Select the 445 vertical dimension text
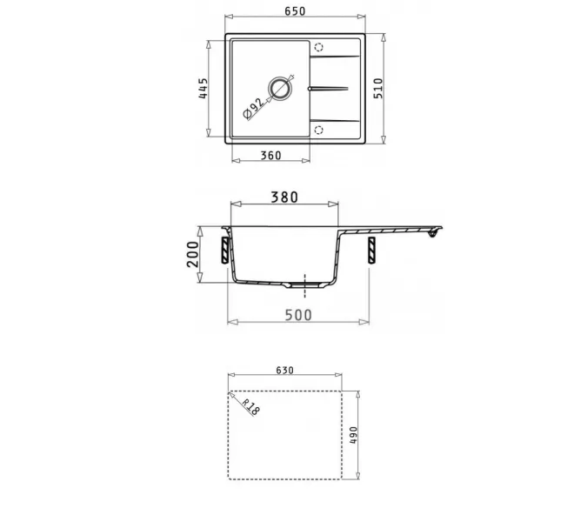pos(203,90)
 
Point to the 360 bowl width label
pos(270,156)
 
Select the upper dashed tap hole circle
pos(318,48)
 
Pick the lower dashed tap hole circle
pos(318,129)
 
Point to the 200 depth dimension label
pos(194,254)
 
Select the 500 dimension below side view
pos(297,315)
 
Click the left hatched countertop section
pos(226,250)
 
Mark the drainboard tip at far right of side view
pos(438,229)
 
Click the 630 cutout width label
pos(284,370)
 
